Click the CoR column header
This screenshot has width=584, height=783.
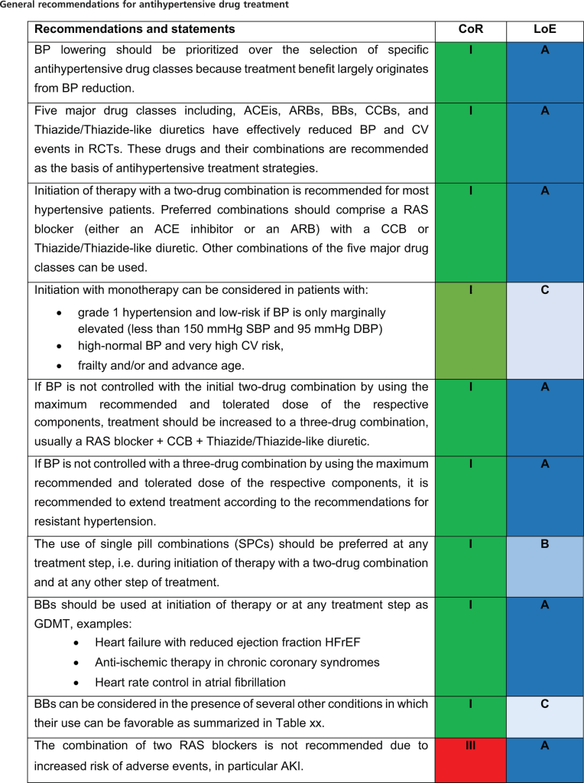[470, 30]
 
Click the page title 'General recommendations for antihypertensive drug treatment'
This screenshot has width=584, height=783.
[145, 5]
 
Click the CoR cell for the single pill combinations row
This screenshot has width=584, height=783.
[470, 566]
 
